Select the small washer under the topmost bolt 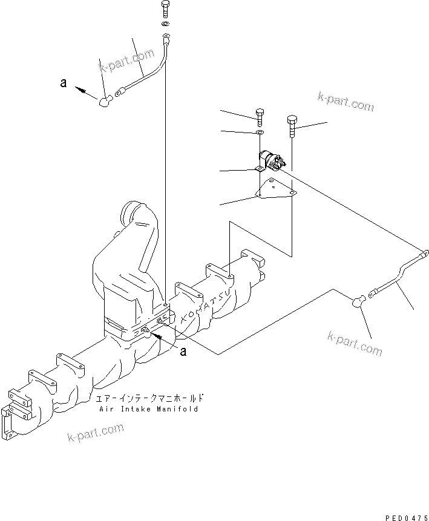(x=165, y=25)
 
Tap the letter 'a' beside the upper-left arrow (x=63, y=84)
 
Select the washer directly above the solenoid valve (x=260, y=131)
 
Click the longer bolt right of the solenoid (x=292, y=125)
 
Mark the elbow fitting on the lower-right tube (x=359, y=299)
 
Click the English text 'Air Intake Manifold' (x=148, y=409)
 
